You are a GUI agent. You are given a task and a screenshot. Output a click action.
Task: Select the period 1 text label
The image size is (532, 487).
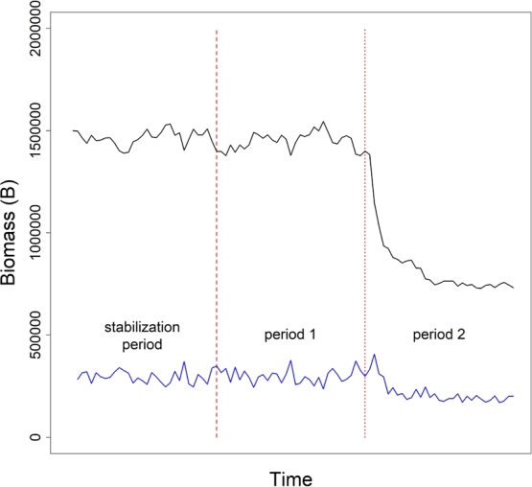pyautogui.click(x=290, y=336)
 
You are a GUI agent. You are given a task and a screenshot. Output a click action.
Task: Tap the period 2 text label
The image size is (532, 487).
pyautogui.click(x=439, y=336)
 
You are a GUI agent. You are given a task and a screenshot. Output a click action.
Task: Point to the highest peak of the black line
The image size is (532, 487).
pyautogui.click(x=323, y=122)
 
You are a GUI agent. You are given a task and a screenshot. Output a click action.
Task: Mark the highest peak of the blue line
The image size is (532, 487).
pyautogui.click(x=375, y=354)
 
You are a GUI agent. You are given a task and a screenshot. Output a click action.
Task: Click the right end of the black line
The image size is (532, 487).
pyautogui.click(x=514, y=288)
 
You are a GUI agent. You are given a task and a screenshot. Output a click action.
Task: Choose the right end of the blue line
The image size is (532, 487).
pyautogui.click(x=514, y=396)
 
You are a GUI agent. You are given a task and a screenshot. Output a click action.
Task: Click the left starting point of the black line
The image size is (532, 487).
pyautogui.click(x=74, y=130)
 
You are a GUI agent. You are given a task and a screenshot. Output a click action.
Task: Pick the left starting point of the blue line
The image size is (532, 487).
pyautogui.click(x=79, y=380)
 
